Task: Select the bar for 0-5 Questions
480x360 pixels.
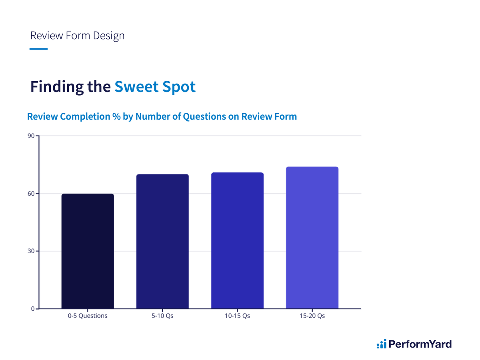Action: (x=88, y=251)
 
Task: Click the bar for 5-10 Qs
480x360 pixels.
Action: (x=162, y=241)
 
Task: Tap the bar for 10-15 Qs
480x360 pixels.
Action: (x=237, y=240)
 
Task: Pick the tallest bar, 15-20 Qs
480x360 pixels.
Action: (x=312, y=238)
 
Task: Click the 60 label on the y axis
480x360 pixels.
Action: (x=31, y=194)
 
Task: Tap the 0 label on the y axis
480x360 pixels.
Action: (x=33, y=309)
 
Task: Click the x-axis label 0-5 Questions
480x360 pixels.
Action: (x=88, y=316)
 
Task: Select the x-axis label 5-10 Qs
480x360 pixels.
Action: (x=162, y=316)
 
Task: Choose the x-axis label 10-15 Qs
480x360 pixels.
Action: (x=237, y=316)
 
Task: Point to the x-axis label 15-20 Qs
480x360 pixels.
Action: (x=312, y=316)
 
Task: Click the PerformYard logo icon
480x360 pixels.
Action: (x=381, y=344)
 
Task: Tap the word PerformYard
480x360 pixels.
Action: (x=420, y=344)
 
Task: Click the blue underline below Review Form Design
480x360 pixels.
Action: (x=38, y=49)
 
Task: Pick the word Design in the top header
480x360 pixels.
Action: (x=109, y=36)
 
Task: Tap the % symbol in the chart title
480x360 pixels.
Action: (x=116, y=116)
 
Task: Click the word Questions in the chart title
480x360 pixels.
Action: (x=204, y=117)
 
